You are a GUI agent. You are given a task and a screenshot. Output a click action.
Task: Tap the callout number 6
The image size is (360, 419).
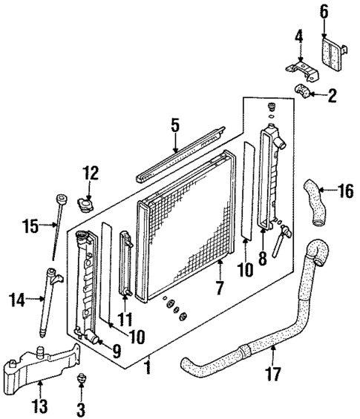point(324,11)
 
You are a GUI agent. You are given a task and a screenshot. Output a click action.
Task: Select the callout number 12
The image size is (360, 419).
point(90,174)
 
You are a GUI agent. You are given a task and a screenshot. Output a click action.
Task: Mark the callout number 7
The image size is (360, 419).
point(219,286)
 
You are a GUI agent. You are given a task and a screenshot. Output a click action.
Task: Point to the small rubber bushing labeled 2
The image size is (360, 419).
point(304,93)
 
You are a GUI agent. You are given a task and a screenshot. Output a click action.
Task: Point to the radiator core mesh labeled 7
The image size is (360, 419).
point(189,222)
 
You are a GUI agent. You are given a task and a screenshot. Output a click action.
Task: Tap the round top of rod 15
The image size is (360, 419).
point(58,199)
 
